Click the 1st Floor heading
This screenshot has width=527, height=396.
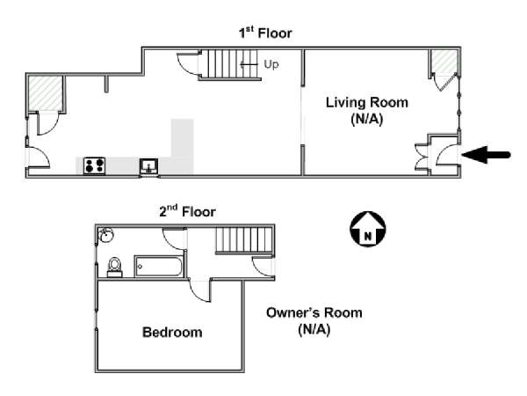(x=265, y=33)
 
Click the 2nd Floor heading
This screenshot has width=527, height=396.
(x=186, y=211)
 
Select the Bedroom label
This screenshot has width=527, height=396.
(x=172, y=333)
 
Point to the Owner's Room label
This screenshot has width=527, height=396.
(x=314, y=320)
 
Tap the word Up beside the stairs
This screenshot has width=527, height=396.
(x=271, y=64)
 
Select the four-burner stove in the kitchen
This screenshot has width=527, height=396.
(x=94, y=165)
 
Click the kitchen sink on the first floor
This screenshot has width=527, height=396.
(x=149, y=165)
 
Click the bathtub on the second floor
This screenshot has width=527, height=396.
(x=158, y=266)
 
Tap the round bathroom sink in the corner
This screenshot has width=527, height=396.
(x=105, y=235)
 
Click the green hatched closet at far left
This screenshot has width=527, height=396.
(x=44, y=93)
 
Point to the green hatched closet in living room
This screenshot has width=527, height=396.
(x=444, y=64)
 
